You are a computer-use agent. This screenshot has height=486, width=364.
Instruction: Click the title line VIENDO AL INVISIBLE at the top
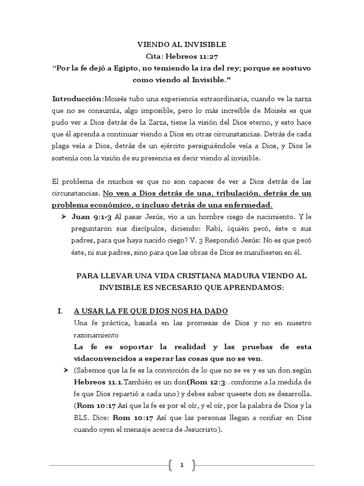182,45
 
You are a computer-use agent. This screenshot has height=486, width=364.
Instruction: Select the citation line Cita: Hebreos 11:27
182,56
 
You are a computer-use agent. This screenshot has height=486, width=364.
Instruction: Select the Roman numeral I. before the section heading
60,311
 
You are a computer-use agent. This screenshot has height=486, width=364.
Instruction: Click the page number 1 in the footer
182,466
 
